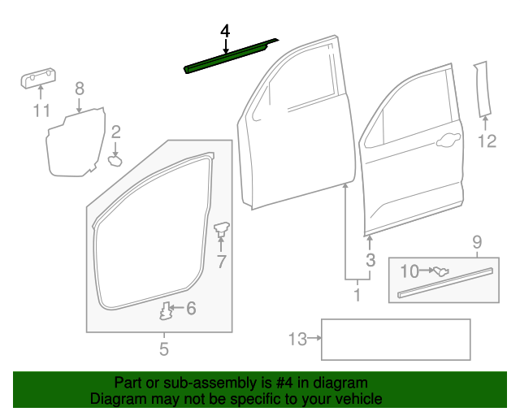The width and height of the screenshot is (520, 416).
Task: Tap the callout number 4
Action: pos(225,31)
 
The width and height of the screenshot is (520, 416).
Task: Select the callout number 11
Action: pos(41,110)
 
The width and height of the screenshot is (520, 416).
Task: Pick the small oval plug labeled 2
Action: pos(115,160)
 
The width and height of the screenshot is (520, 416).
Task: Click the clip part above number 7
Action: pos(221,231)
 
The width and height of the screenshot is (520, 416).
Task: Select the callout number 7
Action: pos(221,262)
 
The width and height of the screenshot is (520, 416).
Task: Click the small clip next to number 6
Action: pos(167,310)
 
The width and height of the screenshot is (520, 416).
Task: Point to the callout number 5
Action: pos(163,350)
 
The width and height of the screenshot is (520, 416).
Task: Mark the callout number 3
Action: pos(370,260)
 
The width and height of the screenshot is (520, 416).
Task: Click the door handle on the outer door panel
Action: pos(446,143)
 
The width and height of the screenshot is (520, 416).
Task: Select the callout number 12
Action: pos(486,142)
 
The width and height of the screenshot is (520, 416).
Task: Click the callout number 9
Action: pos(477,241)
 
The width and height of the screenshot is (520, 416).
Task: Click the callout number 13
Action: pos(298,339)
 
